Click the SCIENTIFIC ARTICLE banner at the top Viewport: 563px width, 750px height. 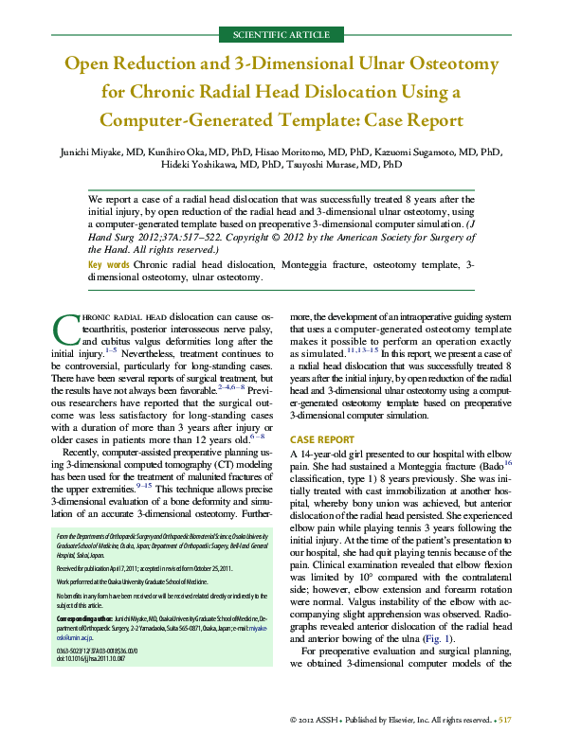pyautogui.click(x=281, y=34)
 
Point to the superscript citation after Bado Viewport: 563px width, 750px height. pyautogui.click(x=507, y=465)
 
